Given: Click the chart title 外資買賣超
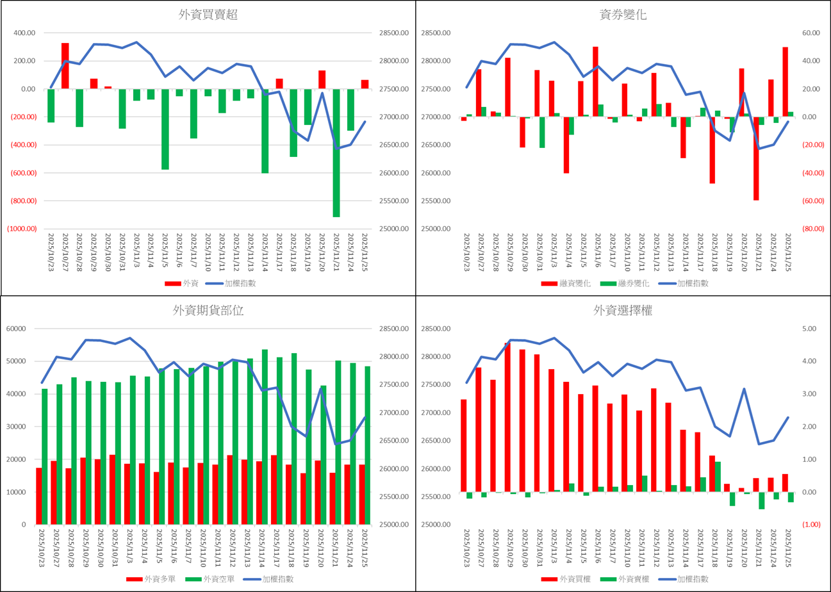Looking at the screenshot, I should click(x=208, y=15).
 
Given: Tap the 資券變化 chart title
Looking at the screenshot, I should click(x=623, y=15).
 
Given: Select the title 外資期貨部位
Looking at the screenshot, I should click(x=208, y=311).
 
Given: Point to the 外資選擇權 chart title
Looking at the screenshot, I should click(x=623, y=311).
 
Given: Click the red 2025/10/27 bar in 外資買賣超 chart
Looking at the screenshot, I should click(x=65, y=65).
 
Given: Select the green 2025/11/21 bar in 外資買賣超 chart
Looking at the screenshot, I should click(x=336, y=152).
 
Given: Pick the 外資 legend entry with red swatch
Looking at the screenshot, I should click(x=183, y=283).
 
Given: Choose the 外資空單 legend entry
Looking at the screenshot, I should click(x=215, y=579).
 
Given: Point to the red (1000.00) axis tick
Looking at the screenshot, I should click(x=21, y=229).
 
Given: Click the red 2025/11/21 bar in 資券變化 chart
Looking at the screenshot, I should click(x=756, y=158).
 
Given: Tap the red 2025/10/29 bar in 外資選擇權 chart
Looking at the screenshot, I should click(x=507, y=417).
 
